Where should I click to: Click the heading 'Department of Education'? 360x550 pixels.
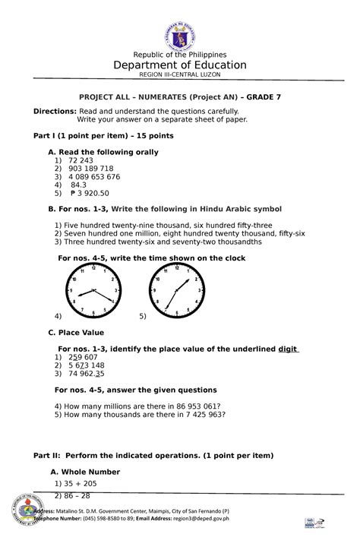coord(180,65)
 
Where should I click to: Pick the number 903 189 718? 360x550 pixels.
coord(90,169)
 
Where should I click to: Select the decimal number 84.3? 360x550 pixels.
coord(79,185)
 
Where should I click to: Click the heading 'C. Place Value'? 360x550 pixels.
coord(76,333)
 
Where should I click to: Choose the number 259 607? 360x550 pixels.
coord(83,357)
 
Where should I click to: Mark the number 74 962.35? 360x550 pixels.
coord(87,373)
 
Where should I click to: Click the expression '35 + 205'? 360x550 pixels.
coord(79,483)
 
